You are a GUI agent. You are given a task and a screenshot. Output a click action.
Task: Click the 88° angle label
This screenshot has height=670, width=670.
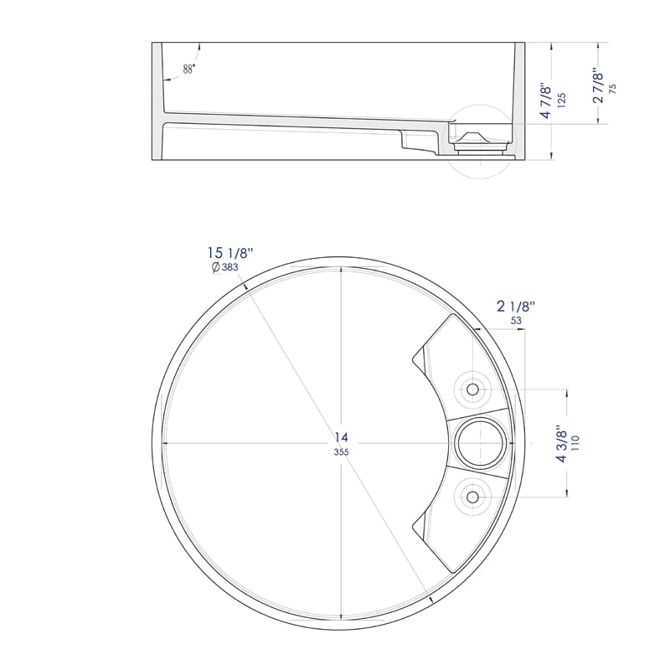point(189,69)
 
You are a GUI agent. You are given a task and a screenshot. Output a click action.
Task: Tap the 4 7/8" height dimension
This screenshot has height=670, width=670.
point(546,100)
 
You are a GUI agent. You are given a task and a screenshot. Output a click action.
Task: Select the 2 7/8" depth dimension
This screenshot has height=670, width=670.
point(598,86)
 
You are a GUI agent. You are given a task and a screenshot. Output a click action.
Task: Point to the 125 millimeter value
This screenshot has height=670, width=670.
point(561,100)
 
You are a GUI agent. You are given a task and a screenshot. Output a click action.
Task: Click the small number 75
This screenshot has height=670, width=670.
point(613,89)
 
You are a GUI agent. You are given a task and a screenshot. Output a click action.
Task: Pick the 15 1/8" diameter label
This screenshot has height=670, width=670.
point(230,253)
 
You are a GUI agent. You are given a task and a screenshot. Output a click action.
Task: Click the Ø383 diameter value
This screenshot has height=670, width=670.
point(224,267)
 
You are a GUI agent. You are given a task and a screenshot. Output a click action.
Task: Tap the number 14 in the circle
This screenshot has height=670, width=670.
point(342,437)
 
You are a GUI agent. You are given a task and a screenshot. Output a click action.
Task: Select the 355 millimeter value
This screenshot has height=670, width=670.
point(342,452)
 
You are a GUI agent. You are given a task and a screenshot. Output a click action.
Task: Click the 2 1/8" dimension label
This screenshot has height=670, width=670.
point(516,306)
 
